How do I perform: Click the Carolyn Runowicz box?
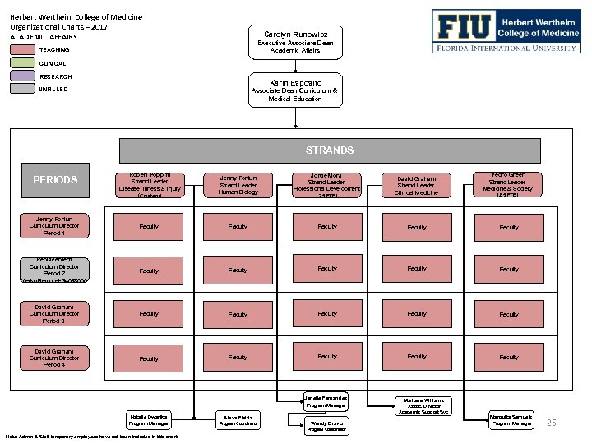[295, 42]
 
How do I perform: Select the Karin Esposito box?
[295, 90]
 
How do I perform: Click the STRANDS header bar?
[330, 150]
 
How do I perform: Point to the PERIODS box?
[55, 180]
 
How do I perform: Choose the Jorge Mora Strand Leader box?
[327, 184]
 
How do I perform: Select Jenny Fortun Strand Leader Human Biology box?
[238, 184]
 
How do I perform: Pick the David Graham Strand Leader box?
[417, 184]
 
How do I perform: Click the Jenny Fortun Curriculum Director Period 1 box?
[55, 226]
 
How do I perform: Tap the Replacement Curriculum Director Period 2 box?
[55, 269]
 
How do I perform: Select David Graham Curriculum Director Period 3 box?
[55, 313]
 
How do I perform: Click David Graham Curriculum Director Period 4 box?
[55, 357]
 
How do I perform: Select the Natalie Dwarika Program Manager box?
[148, 420]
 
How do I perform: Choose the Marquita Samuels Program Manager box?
[511, 419]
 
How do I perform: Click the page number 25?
[552, 423]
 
